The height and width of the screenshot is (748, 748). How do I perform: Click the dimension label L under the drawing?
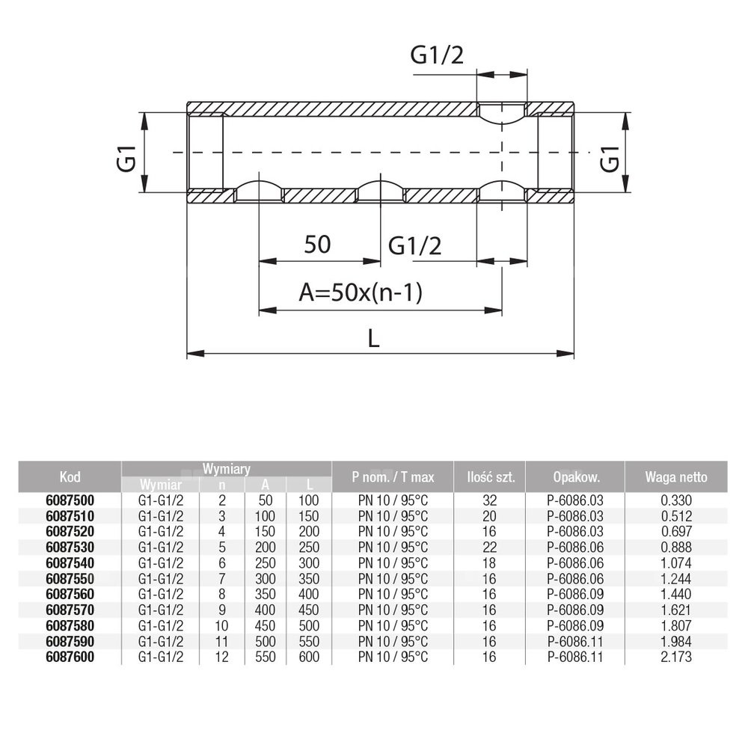[x=375, y=339]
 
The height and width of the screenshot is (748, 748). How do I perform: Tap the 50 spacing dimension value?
[x=318, y=244]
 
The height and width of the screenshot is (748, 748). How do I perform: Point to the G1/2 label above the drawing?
[x=437, y=55]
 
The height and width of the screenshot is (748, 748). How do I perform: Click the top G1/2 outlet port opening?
[x=502, y=114]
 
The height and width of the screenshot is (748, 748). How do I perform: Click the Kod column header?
[x=69, y=477]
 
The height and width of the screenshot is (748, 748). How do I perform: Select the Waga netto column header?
[x=675, y=477]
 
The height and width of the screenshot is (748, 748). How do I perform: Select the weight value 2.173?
[x=676, y=657]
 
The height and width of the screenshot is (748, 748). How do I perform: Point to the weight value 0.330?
[x=676, y=500]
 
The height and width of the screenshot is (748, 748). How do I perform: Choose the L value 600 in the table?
[x=308, y=657]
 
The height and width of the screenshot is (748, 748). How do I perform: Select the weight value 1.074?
[x=676, y=563]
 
